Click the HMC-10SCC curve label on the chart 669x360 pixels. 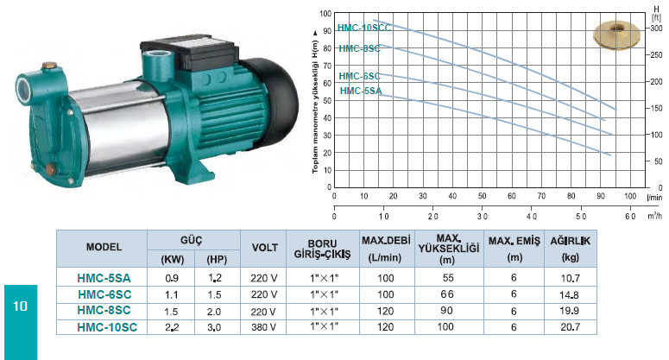(x=364, y=28)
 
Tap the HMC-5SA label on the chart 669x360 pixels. (x=361, y=91)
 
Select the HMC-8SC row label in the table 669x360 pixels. (x=104, y=311)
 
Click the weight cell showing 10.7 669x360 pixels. (x=570, y=279)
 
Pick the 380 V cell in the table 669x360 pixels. (x=263, y=327)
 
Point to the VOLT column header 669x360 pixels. (x=264, y=248)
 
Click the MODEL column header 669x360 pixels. (x=104, y=247)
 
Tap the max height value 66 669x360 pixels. (x=447, y=294)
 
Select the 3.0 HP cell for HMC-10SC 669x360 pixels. (x=214, y=327)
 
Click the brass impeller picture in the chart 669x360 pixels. (x=617, y=35)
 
